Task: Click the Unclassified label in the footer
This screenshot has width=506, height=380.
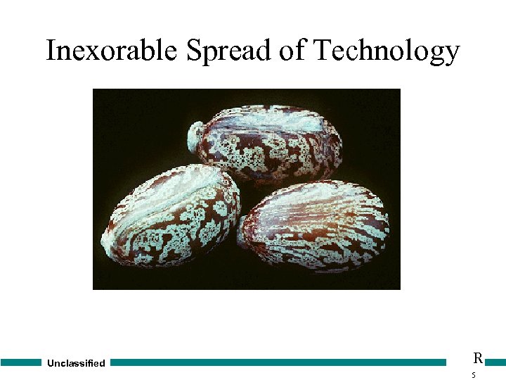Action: click(x=76, y=364)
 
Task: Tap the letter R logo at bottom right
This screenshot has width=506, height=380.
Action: click(x=478, y=358)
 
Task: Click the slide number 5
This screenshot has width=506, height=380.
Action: click(x=474, y=376)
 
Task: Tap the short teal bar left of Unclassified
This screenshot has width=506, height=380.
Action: click(x=21, y=362)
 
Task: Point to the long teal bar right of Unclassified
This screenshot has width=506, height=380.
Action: click(x=278, y=362)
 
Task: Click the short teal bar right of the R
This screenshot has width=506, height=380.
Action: click(x=495, y=362)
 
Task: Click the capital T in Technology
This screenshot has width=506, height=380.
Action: click(x=323, y=51)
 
